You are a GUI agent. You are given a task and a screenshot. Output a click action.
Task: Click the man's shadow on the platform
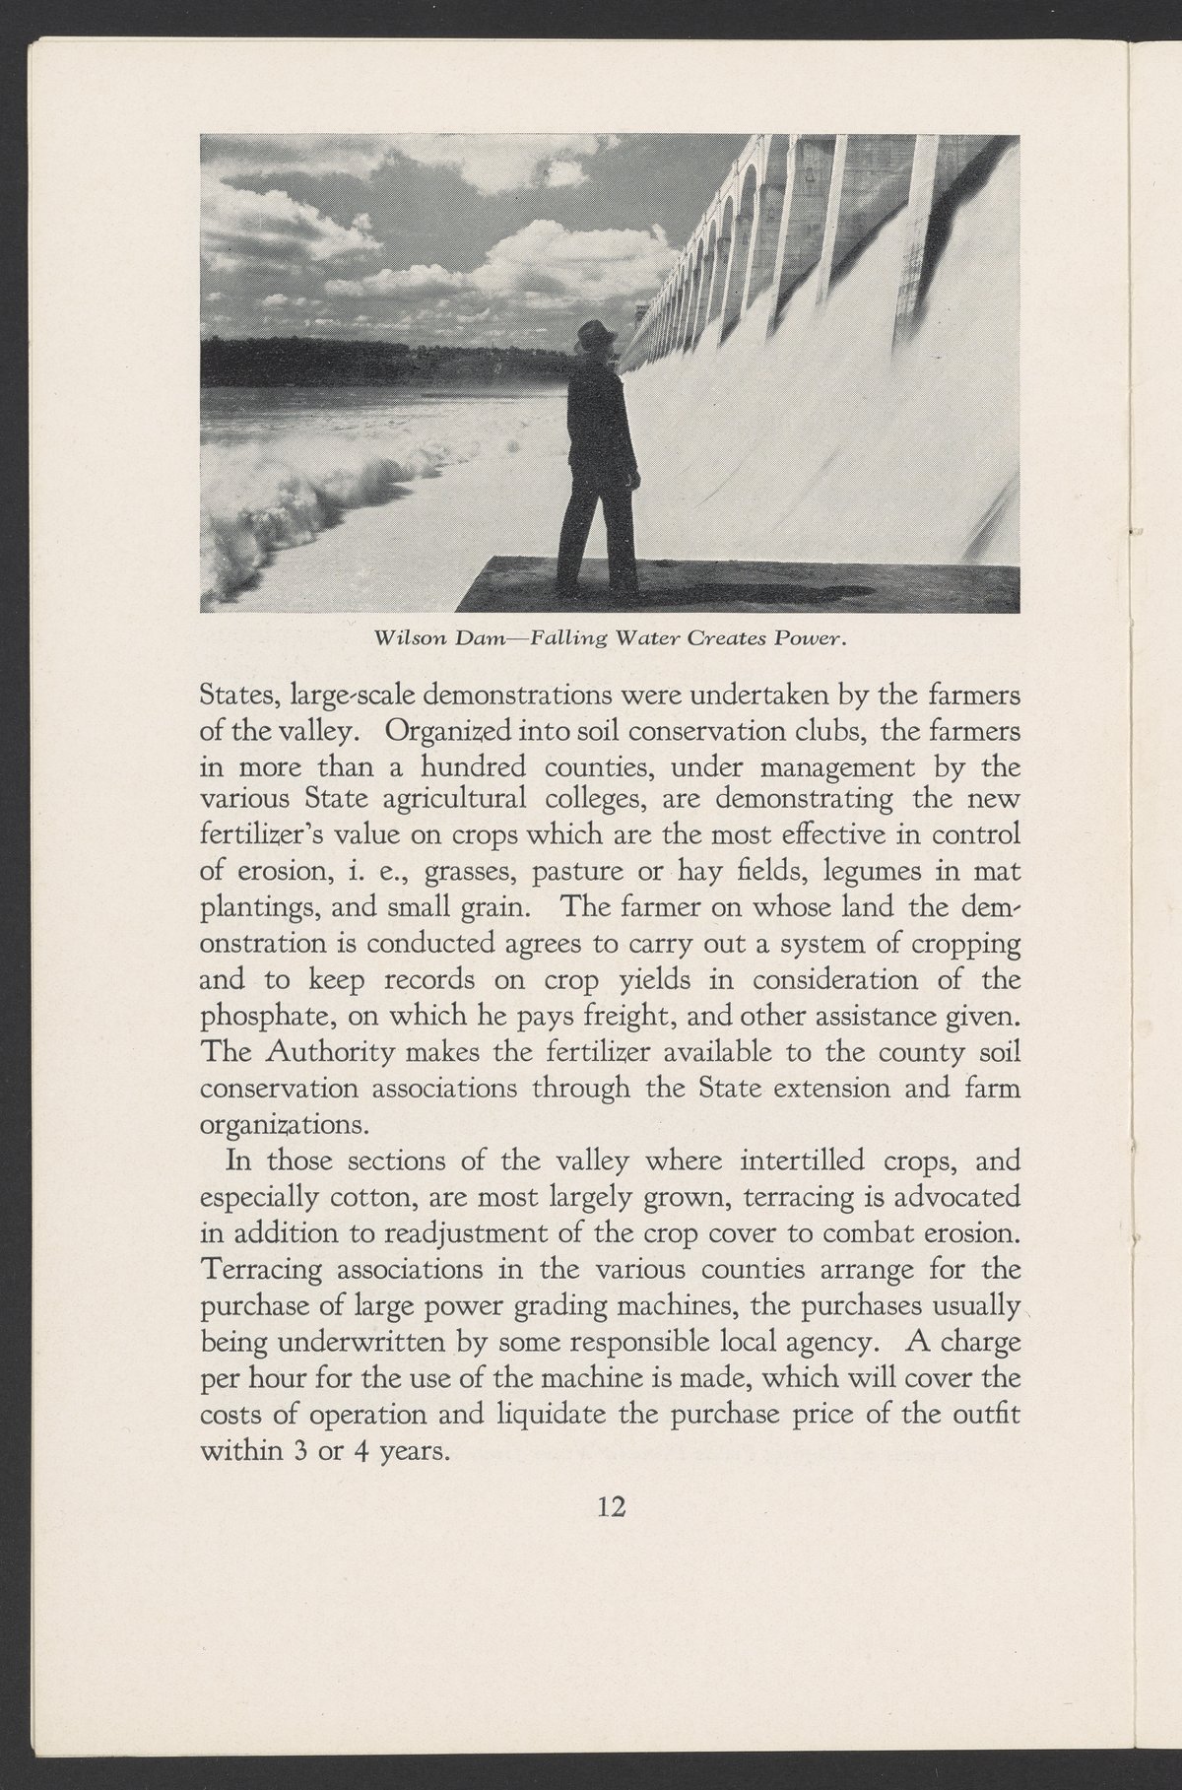pos(749,594)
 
